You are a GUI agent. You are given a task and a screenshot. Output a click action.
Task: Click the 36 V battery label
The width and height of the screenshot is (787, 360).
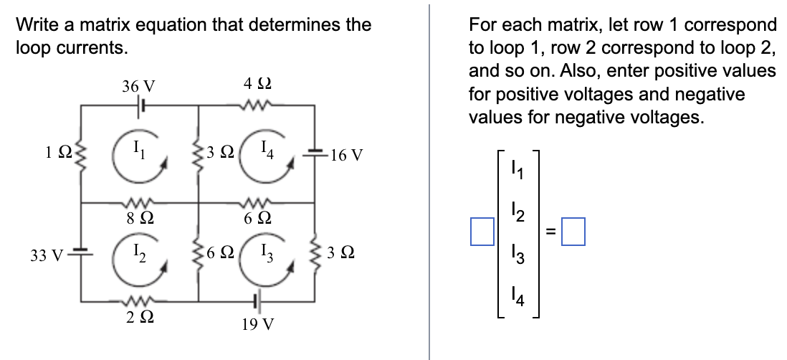[138, 87]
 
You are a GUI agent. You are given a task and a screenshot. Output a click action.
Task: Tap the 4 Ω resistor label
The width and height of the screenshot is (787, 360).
[254, 85]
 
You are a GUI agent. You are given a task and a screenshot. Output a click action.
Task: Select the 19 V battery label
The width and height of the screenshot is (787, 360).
[257, 324]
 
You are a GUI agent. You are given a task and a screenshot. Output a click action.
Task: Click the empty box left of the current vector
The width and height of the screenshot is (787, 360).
[482, 231]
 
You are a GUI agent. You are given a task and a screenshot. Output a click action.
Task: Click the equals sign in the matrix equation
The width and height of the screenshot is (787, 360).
[551, 231]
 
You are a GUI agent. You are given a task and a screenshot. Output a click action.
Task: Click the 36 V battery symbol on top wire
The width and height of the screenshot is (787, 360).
[141, 105]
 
